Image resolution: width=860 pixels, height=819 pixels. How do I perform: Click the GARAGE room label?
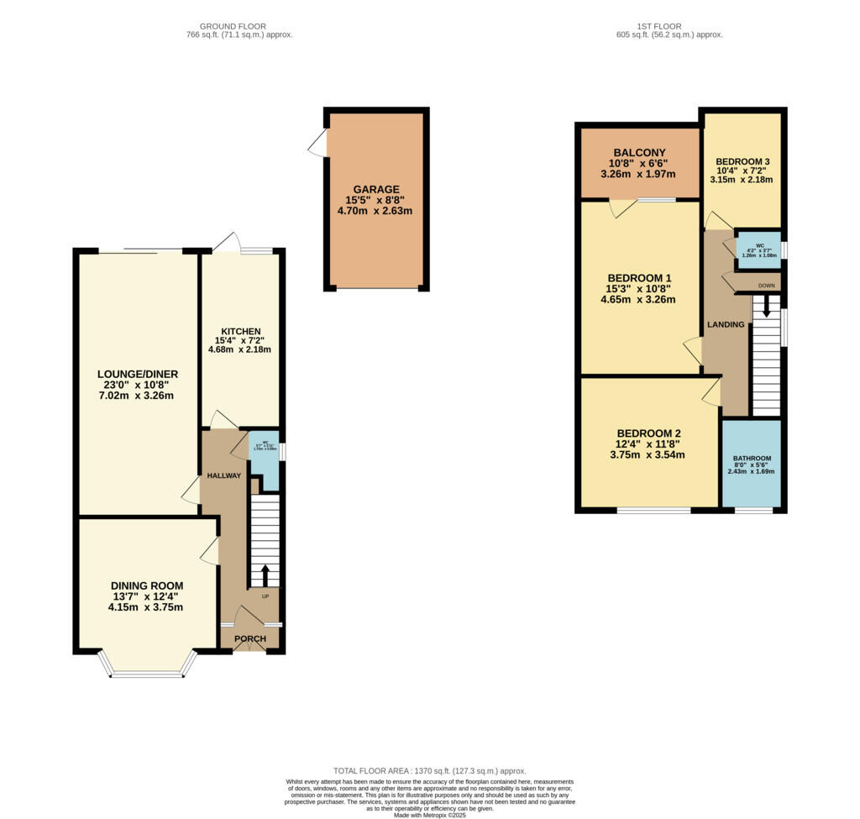(x=376, y=189)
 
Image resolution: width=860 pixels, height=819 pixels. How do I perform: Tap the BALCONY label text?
(x=639, y=152)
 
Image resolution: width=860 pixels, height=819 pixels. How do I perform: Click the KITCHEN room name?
(x=240, y=331)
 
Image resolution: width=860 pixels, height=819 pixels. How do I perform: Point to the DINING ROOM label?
(x=146, y=585)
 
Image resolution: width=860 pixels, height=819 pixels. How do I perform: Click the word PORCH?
(x=250, y=639)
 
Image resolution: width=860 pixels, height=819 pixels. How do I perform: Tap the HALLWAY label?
(x=224, y=475)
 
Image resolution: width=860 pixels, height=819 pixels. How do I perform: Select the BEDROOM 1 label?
(x=639, y=277)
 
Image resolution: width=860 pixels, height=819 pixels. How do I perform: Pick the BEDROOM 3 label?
(x=742, y=161)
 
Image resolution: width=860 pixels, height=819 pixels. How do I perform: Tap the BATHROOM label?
(x=752, y=459)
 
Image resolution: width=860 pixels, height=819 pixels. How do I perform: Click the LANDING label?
(x=726, y=324)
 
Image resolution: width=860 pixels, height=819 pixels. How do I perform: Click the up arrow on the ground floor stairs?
(x=265, y=575)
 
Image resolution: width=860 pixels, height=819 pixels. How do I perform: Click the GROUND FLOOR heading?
(x=239, y=26)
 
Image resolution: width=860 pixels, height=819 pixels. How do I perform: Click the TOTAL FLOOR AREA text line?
(x=429, y=770)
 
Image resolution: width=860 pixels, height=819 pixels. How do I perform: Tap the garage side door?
(x=317, y=144)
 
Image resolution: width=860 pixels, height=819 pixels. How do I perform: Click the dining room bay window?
(x=147, y=673)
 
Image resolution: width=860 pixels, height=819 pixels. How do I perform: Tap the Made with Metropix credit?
(x=429, y=815)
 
